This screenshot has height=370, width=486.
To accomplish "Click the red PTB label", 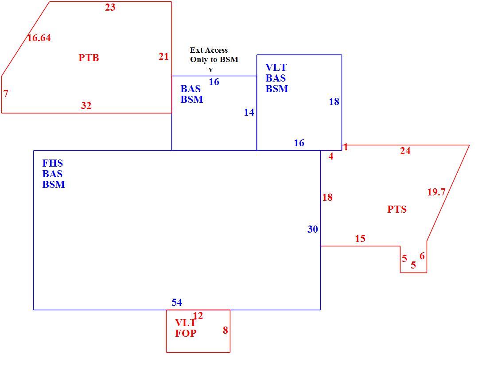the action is pyautogui.click(x=89, y=58).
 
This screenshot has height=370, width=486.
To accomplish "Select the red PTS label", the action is pyautogui.click(x=397, y=209).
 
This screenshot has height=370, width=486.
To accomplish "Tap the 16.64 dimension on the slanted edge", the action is pyautogui.click(x=39, y=38).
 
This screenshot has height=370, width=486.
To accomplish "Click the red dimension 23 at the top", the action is pyautogui.click(x=110, y=7).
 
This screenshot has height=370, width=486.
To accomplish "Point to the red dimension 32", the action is pyautogui.click(x=86, y=105).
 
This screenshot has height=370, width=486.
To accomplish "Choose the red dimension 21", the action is pyautogui.click(x=163, y=57).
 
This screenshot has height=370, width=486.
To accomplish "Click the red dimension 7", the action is pyautogui.click(x=6, y=93).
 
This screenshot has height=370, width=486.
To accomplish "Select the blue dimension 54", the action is pyautogui.click(x=177, y=302).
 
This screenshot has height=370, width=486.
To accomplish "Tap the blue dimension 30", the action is pyautogui.click(x=313, y=229).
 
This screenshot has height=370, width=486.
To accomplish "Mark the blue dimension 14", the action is pyautogui.click(x=249, y=112).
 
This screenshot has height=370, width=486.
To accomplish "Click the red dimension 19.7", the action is pyautogui.click(x=436, y=192).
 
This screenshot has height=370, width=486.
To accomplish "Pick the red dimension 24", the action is pyautogui.click(x=405, y=151).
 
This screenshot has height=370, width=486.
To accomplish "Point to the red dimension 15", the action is pyautogui.click(x=360, y=238).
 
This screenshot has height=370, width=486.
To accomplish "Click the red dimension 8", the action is pyautogui.click(x=226, y=330).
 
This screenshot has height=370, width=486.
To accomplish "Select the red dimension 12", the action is pyautogui.click(x=198, y=316).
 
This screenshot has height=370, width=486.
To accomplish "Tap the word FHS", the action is pyautogui.click(x=52, y=163).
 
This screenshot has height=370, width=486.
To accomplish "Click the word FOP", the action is pyautogui.click(x=186, y=333).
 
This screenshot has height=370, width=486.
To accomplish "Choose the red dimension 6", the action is pyautogui.click(x=422, y=256).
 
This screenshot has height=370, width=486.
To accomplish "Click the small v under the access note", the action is pyautogui.click(x=210, y=70).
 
